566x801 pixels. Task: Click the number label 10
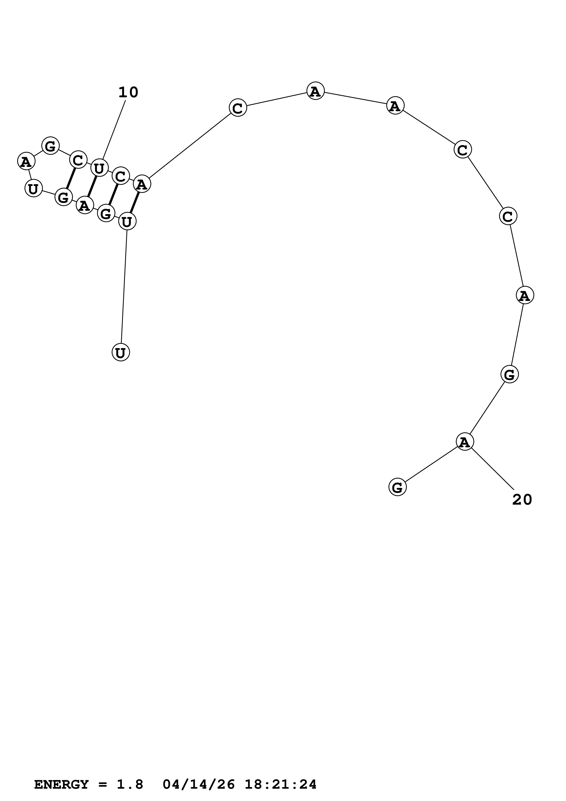pos(128,92)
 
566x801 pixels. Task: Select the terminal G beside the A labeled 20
pos(397,487)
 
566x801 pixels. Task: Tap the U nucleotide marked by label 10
pos(99,168)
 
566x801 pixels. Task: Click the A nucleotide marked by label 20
pos(465,442)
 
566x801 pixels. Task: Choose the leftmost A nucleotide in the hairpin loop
pos(26,161)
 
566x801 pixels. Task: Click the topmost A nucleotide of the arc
pos(315,91)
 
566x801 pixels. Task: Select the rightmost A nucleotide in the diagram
pos(524,295)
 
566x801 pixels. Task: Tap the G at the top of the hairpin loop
pos(50,146)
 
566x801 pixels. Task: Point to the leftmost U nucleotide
pos(33,189)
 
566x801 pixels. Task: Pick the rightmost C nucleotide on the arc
pos(508,216)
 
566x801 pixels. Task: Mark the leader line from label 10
pos(114,131)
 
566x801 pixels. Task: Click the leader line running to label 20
pos(492,468)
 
